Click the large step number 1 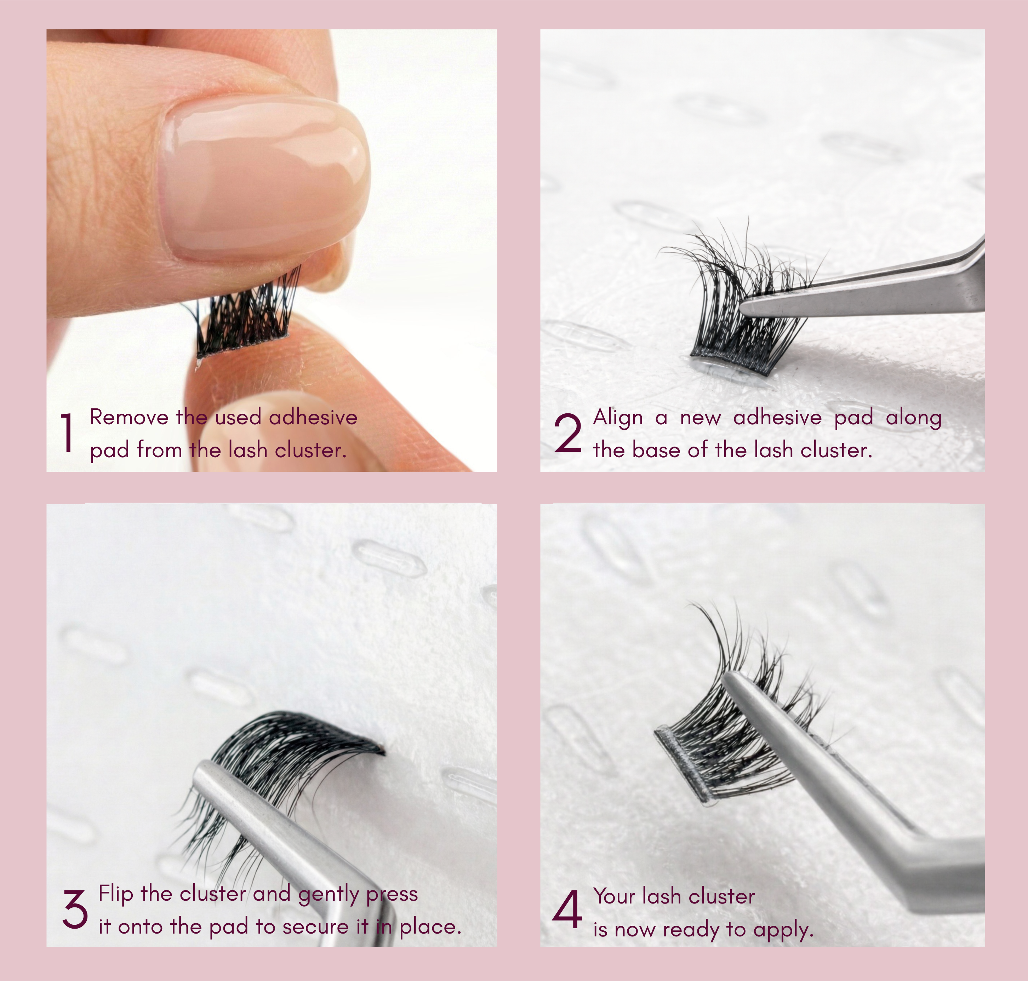point(67,432)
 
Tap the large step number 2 point(567,432)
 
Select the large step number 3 point(75,910)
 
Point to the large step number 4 point(567,910)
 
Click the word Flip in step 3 point(116,894)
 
